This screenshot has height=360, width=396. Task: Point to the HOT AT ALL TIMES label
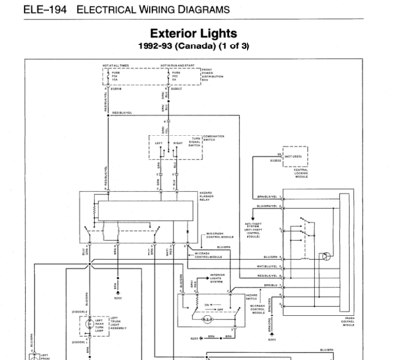coord(119,64)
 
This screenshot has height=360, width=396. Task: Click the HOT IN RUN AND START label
coord(175,64)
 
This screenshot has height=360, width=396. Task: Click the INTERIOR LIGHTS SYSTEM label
coord(218,277)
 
